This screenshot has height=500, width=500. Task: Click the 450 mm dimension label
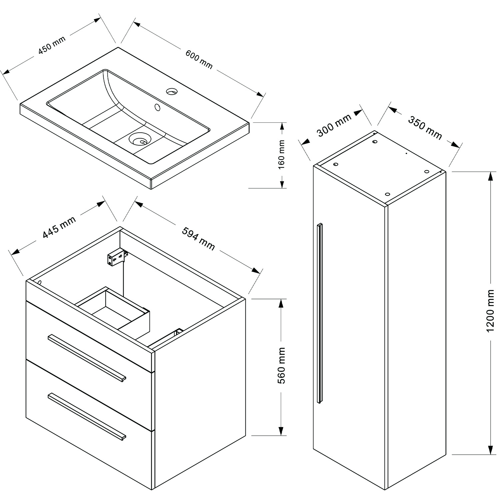click(52, 45)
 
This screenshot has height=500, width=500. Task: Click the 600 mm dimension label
click(199, 59)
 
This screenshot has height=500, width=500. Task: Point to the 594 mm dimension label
click(198, 238)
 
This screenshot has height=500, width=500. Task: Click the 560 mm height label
click(282, 365)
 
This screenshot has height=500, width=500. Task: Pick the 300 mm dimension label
click(334, 125)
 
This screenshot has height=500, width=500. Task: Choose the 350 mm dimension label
click(425, 128)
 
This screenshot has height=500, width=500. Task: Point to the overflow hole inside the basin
click(157, 107)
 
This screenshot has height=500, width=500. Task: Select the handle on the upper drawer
click(87, 358)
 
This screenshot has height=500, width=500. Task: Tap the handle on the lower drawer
click(87, 417)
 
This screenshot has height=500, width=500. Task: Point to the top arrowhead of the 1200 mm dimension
click(490, 177)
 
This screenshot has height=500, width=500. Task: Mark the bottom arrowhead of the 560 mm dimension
click(282, 431)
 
